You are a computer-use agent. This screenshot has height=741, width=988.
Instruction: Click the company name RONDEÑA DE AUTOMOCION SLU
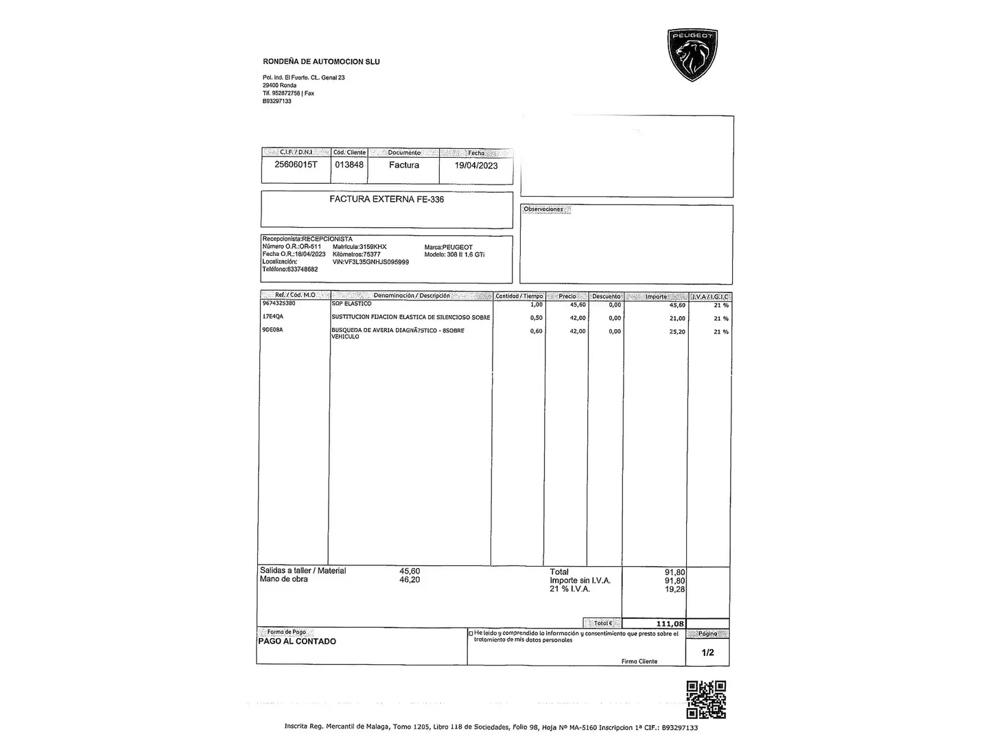coord(321,62)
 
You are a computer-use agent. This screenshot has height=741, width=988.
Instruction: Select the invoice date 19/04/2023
coord(476,165)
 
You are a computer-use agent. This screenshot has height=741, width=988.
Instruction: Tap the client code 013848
coord(349,165)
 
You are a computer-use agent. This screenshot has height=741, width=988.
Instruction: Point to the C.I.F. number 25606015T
coord(296,165)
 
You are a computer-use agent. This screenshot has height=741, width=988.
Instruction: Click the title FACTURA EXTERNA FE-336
coord(386,199)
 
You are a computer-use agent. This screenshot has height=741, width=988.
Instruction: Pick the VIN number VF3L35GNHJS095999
coord(370,262)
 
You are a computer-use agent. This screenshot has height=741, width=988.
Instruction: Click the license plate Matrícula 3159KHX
coord(360,247)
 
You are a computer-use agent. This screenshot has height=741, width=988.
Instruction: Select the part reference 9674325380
coord(279,303)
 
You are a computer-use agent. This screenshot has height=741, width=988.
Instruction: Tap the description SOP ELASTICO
coord(351,303)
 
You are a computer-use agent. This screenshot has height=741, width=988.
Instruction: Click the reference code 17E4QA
coord(273,317)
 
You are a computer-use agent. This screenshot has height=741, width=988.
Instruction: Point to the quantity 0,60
coord(536,331)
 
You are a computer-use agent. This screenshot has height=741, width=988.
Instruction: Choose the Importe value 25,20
coord(677,331)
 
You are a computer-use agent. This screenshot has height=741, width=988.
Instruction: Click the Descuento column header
coord(606,296)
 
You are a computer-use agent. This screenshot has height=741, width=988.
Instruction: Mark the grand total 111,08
coord(670,624)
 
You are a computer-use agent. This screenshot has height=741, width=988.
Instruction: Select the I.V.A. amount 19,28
coord(674,589)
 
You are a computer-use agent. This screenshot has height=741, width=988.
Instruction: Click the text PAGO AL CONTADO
coord(297,642)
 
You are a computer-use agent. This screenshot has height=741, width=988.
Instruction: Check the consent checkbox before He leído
coord(471,633)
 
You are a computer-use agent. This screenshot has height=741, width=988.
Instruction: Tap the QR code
coord(706,699)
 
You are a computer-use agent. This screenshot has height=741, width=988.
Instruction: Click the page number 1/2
coord(707,652)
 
